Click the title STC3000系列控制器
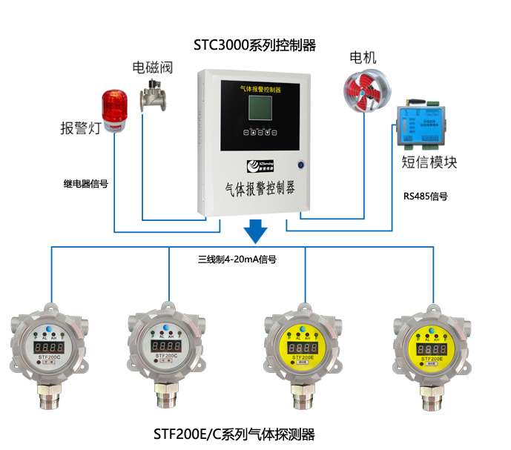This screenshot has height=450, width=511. tap(254, 45)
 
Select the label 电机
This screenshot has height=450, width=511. tap(363, 58)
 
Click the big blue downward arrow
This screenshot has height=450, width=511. tap(256, 231)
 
